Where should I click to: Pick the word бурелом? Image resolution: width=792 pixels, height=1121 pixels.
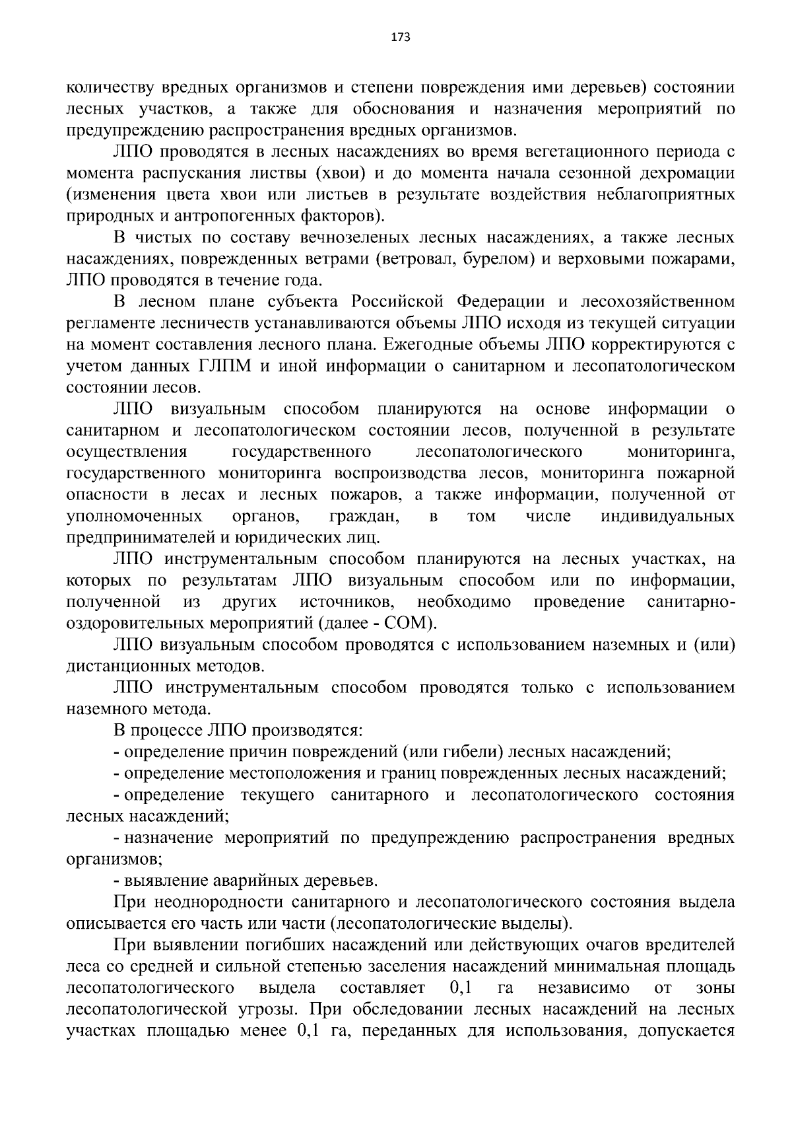495,259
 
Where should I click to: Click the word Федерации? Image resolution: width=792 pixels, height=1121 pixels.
502,302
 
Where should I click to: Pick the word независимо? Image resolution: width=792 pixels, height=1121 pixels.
583,988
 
